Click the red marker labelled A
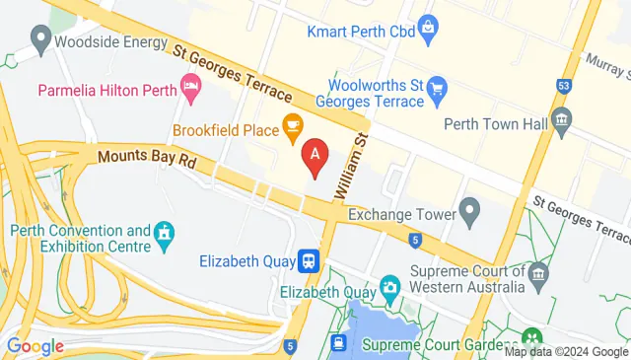(315, 155)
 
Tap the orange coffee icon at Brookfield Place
(292, 125)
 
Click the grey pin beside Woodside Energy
(40, 39)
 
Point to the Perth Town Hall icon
(562, 122)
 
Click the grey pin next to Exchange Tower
(470, 210)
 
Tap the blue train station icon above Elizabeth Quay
(310, 260)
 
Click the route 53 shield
(563, 86)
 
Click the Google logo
(35, 346)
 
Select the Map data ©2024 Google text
(567, 352)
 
